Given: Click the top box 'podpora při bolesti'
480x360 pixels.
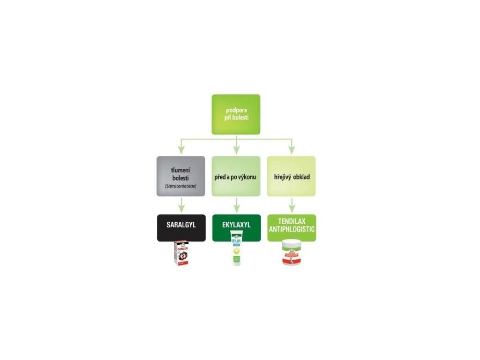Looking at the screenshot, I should pos(236,114).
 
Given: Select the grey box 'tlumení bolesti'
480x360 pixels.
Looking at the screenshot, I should pos(181,176).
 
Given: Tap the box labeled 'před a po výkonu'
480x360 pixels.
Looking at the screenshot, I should pos(236,176).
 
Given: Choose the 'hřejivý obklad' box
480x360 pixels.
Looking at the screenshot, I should pos(291,176).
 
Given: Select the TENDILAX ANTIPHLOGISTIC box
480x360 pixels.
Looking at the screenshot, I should pos(292,227).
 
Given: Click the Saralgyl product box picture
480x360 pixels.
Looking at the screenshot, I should pos(181,254).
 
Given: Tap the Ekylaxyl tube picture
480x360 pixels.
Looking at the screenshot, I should pos(236,254).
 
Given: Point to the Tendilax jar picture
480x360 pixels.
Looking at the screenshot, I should pos(292,254).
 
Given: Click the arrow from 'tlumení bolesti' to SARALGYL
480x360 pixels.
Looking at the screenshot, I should pos(181,205).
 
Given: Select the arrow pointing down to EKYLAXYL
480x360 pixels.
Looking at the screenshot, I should pos(236,205).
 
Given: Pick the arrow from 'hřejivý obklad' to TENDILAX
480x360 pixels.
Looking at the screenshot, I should pos(292,205).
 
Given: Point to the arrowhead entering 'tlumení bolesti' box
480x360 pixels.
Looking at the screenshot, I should pos(181,150).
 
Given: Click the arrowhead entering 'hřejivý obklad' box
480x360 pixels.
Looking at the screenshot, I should pos(291,150).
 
